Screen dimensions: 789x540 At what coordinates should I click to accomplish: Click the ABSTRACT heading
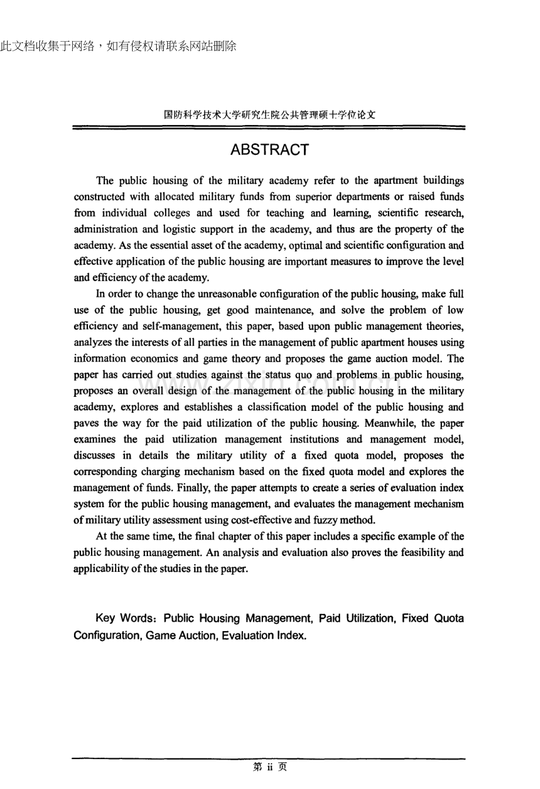coord(269,150)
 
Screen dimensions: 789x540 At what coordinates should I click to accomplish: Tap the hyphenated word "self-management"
coord(172,326)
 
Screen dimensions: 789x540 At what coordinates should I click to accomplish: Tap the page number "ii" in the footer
coord(270,767)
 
